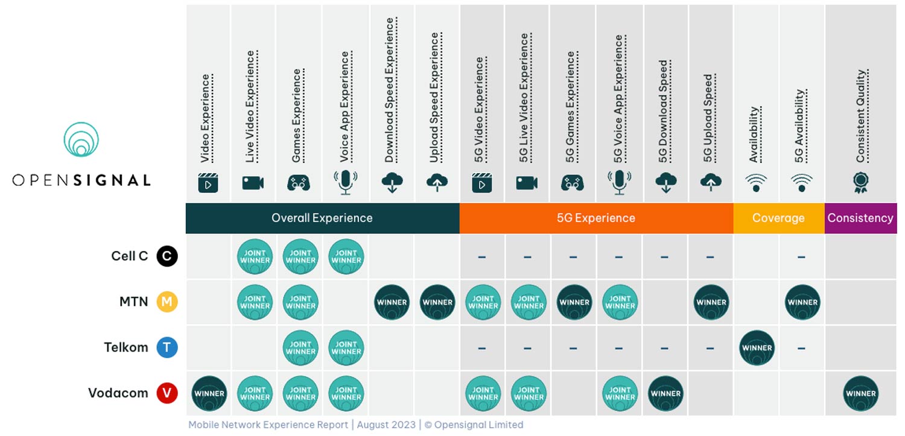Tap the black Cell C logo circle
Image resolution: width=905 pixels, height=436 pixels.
point(167,256)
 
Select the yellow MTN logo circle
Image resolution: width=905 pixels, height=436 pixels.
point(167,302)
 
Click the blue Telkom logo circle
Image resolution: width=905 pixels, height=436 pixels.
point(167,347)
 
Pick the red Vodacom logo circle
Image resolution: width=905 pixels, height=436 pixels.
point(167,393)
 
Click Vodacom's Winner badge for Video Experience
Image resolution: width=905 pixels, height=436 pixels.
point(209,393)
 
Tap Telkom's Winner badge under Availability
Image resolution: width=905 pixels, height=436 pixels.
point(757,347)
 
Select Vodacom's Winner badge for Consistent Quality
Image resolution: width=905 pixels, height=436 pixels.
point(861,393)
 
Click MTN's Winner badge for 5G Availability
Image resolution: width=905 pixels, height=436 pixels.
point(802,302)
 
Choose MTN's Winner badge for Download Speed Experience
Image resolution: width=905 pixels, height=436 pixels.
point(392,302)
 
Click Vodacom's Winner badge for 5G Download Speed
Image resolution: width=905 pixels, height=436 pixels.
point(665,393)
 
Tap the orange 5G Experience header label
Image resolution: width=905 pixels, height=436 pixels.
point(596,218)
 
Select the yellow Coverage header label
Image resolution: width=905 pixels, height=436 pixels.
point(778,218)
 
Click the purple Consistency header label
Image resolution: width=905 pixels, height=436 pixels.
point(860,218)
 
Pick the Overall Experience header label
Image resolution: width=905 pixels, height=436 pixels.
point(322,218)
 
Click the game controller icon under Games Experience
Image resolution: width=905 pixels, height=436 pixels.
point(299,183)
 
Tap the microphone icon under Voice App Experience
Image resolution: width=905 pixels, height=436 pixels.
point(345,182)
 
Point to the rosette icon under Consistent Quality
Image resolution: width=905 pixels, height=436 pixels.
point(860,182)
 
